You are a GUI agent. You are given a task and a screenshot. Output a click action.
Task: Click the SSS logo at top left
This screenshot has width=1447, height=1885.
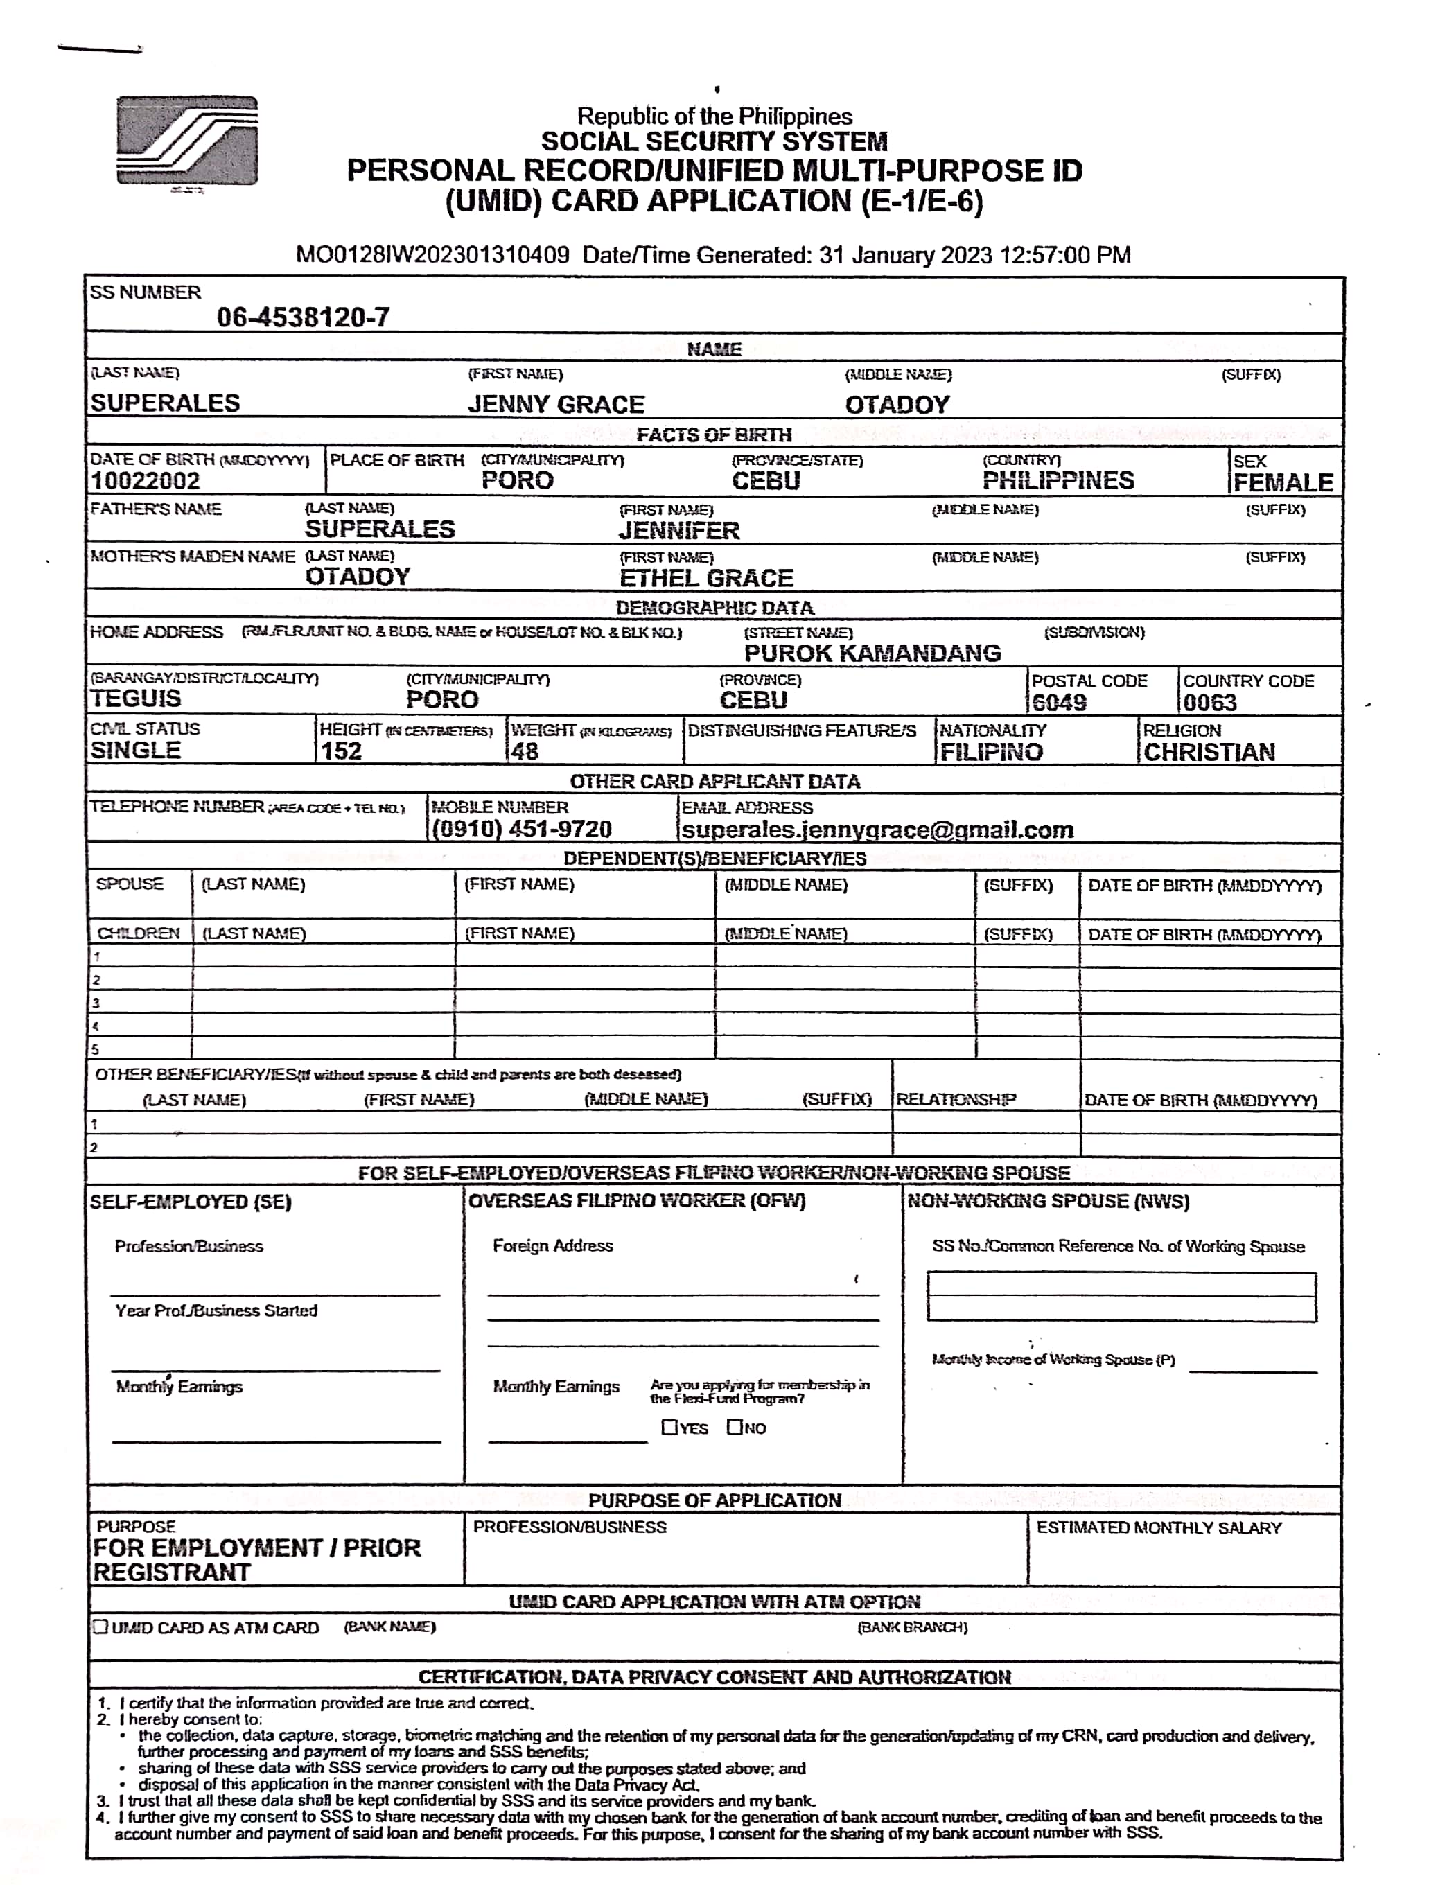187,141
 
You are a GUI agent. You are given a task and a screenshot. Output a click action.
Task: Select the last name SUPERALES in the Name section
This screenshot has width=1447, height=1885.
166,403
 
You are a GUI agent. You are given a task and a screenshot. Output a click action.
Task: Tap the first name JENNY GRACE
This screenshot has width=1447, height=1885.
556,405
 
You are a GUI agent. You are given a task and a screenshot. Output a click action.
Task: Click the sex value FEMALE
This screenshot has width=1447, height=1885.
1283,482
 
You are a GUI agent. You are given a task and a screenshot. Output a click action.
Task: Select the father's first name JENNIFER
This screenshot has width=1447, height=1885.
678,530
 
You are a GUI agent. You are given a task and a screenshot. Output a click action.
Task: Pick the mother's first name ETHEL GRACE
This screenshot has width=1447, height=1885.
706,578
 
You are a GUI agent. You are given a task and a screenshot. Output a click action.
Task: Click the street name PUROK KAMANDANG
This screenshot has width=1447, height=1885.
872,653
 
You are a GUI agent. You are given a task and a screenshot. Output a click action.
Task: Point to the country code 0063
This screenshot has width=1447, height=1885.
1209,703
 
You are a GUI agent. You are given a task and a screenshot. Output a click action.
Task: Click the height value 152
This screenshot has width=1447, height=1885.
341,751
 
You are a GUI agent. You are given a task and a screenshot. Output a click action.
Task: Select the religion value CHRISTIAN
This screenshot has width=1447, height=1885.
1209,752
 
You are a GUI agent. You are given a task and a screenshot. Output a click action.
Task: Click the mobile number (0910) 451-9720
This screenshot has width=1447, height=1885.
521,830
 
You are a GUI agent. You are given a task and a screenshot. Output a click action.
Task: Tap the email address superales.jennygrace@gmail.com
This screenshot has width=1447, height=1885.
877,830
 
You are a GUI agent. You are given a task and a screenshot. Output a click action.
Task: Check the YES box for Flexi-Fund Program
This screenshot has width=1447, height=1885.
669,1427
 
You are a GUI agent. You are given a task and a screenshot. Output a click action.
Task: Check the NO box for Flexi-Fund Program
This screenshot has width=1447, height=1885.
734,1427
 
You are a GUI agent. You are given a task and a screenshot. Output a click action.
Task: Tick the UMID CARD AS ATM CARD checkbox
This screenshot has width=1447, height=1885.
100,1627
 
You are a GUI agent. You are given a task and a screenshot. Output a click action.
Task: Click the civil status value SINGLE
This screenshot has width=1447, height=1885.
136,750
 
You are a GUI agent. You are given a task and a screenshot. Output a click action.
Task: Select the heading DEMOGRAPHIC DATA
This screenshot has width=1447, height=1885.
714,608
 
